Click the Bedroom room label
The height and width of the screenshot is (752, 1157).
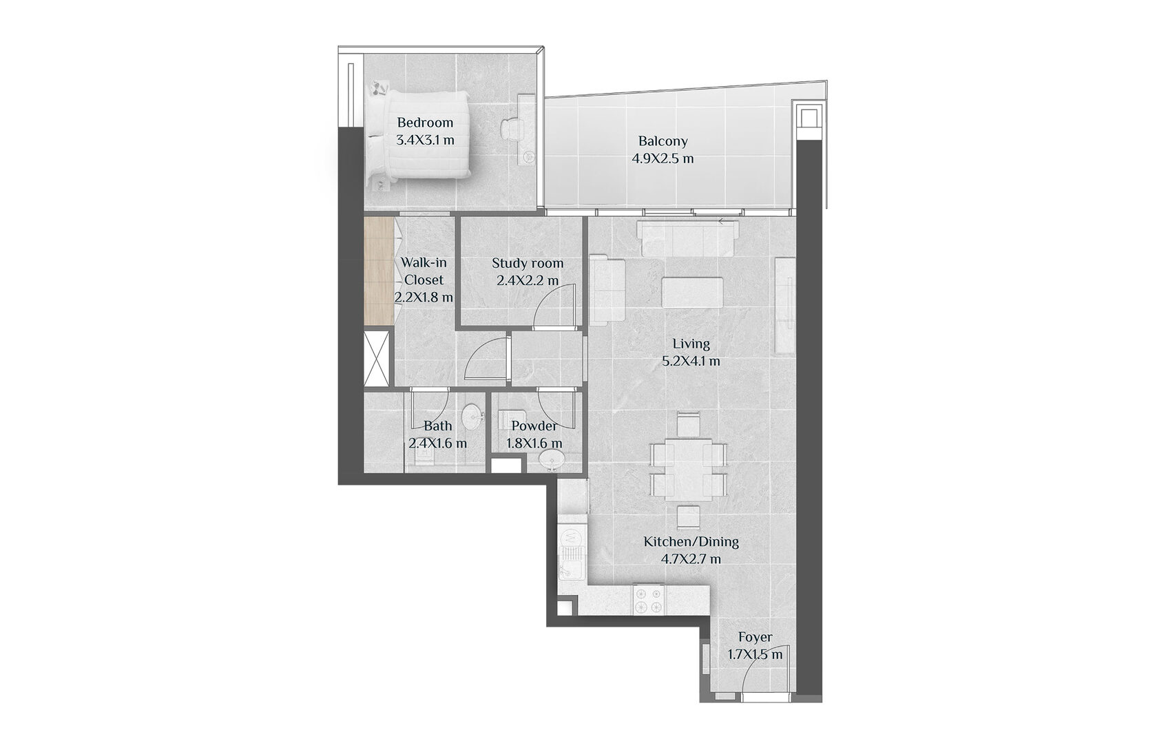point(424,123)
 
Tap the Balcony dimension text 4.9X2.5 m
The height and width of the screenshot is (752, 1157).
point(663,158)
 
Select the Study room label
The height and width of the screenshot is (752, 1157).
point(528,263)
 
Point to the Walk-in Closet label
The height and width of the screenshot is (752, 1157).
point(424,271)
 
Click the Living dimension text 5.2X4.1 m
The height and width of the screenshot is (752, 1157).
point(691,361)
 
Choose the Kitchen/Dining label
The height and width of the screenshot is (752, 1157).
point(691,542)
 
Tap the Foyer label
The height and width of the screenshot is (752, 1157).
point(755,638)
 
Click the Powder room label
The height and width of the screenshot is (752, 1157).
point(534,426)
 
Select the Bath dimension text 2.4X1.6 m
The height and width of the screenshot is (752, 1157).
point(437,443)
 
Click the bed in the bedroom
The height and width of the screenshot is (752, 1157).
point(419,134)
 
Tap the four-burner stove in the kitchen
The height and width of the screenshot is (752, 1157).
point(649,600)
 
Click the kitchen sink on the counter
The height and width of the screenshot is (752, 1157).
point(571,566)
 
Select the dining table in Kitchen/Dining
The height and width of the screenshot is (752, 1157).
point(688,468)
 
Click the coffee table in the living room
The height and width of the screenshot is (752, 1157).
point(692,292)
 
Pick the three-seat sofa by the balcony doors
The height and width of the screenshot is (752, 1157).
point(687,238)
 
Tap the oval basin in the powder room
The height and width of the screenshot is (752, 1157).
point(552,459)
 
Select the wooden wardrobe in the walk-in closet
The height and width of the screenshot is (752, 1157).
point(379,271)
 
